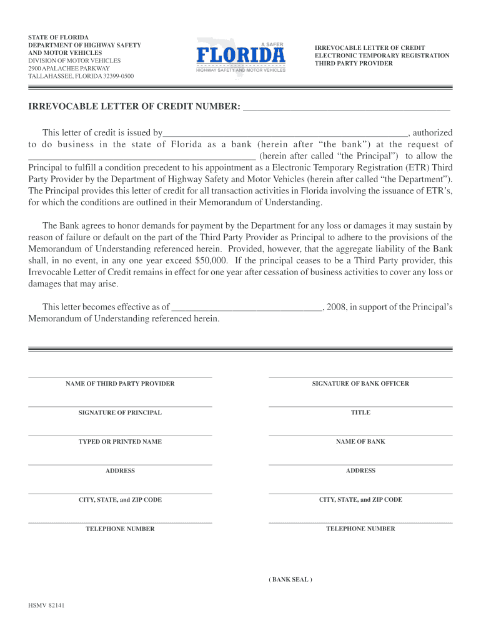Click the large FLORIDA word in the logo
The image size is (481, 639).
[x=241, y=56]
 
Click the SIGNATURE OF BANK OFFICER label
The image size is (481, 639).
[x=360, y=384]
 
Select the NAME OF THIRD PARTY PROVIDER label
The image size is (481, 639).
[x=120, y=384]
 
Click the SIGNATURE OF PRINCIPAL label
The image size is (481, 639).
[x=120, y=412]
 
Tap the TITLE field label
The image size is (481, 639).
[x=360, y=412]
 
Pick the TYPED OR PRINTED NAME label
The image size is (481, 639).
[x=120, y=442]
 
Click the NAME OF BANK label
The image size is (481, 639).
[x=360, y=442]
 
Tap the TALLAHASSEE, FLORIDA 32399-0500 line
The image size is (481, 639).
[x=81, y=76]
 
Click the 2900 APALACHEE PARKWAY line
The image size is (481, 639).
[x=69, y=69]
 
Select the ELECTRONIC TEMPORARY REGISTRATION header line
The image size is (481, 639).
[x=382, y=56]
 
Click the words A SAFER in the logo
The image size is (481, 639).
[x=272, y=44]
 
